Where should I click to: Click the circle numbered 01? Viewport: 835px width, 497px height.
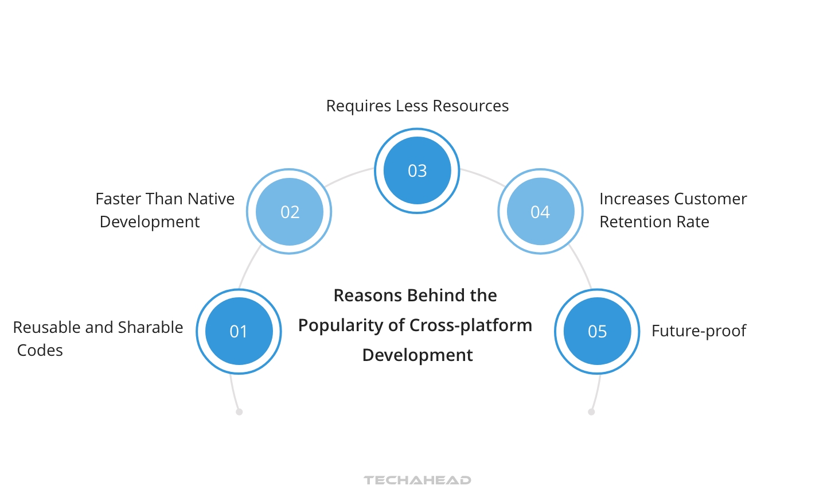[239, 331]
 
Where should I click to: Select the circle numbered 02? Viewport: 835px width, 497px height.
[290, 212]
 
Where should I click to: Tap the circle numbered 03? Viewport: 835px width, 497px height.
[417, 170]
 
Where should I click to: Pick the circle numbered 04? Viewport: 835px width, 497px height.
[540, 212]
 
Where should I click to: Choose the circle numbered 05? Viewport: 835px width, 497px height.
[597, 331]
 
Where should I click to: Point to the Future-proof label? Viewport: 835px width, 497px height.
[699, 331]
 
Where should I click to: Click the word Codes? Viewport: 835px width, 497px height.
[40, 350]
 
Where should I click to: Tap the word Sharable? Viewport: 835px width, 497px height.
[150, 327]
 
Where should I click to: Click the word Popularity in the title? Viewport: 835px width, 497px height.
[341, 325]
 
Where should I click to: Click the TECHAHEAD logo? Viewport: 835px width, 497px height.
[417, 480]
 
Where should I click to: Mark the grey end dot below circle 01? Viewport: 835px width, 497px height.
[239, 411]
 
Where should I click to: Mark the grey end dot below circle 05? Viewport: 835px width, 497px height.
[591, 411]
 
